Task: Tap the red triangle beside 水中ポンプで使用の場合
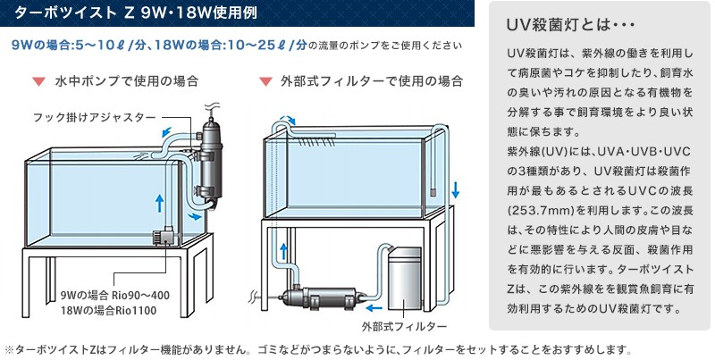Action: point(38,81)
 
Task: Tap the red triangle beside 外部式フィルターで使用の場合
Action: point(265,81)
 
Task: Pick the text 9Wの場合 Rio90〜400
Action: point(114,296)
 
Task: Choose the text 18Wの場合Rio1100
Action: point(109,313)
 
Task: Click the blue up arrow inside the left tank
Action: point(159,202)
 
